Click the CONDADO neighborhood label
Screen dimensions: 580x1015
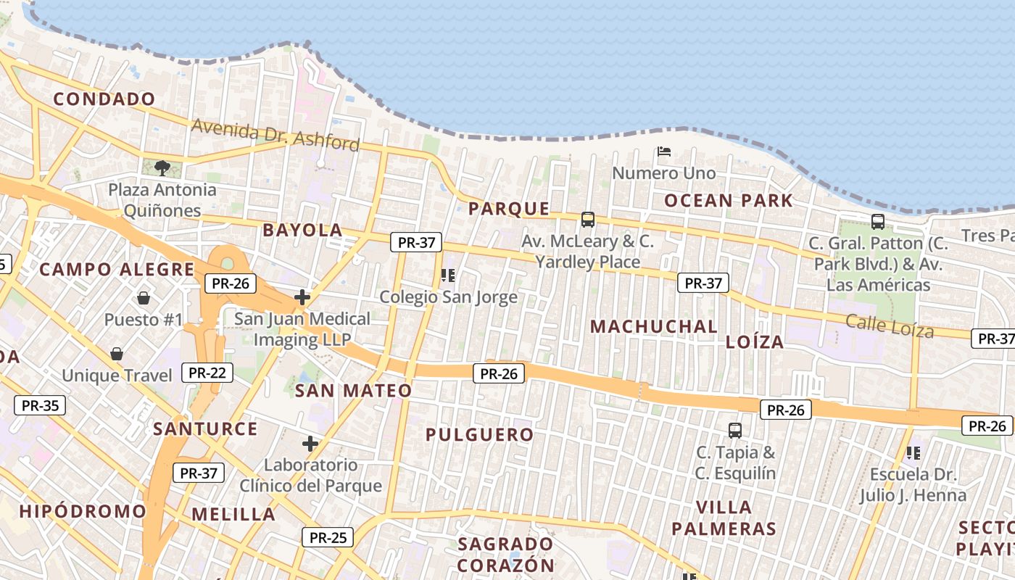point(104,99)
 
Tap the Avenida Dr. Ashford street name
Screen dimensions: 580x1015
point(275,135)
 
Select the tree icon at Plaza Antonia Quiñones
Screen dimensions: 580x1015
point(162,168)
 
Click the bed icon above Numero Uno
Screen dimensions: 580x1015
point(663,152)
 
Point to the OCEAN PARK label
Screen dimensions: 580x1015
point(729,201)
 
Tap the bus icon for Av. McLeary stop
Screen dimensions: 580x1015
point(587,219)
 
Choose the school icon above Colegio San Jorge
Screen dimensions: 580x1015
point(448,275)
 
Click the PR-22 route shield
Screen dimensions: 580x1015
point(207,373)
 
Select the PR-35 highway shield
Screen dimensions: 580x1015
point(40,405)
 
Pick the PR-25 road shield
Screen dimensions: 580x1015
point(328,537)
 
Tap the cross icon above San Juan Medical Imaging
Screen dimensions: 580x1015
point(302,297)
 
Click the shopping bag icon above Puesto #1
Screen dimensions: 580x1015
point(143,298)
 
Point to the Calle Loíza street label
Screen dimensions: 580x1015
point(890,326)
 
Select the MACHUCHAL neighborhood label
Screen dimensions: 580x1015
point(654,327)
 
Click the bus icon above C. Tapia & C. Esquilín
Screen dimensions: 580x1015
point(735,431)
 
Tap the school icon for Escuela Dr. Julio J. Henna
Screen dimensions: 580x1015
point(913,453)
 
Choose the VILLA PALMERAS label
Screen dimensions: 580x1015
point(724,518)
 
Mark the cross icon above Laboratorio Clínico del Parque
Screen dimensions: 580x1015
point(310,444)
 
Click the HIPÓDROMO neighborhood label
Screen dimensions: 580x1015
point(83,511)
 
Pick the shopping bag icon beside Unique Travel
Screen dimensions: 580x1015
point(116,354)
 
